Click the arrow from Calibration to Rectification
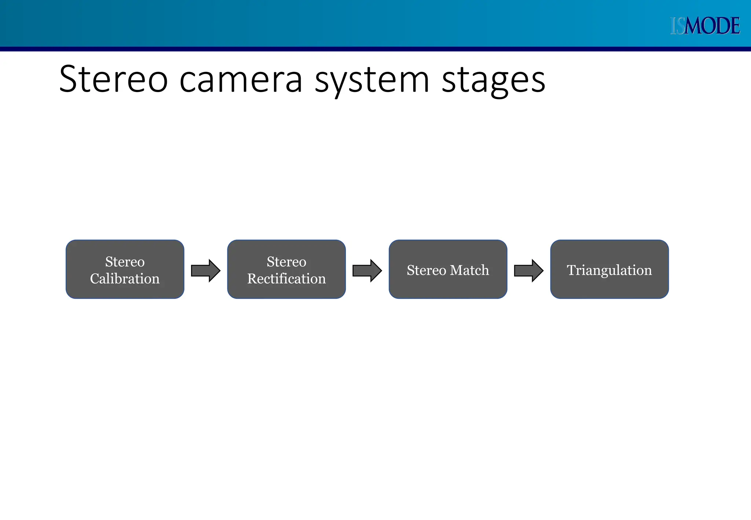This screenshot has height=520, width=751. (205, 271)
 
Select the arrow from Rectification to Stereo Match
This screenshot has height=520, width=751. (367, 271)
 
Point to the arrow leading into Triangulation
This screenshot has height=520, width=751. (528, 271)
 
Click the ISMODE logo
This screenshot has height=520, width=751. (704, 26)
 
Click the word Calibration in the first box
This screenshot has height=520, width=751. (125, 279)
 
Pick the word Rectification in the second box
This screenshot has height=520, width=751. (286, 279)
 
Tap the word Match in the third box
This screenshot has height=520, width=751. (469, 270)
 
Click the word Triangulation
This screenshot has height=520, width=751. (609, 270)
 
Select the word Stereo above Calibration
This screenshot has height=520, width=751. (125, 262)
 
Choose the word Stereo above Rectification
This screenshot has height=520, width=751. (286, 262)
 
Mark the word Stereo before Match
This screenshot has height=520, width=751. (426, 270)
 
